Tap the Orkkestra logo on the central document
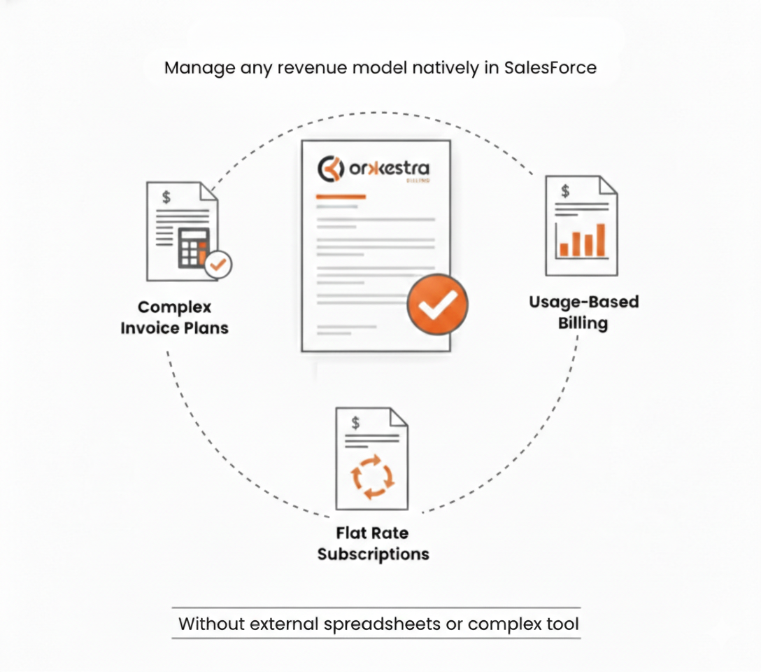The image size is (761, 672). (374, 169)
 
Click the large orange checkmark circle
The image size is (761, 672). (438, 304)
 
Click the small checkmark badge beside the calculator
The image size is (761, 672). (219, 265)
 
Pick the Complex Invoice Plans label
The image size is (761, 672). (174, 317)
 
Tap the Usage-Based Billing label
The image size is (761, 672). (583, 312)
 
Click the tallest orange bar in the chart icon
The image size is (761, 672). (600, 239)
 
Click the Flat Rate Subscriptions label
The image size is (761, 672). (373, 543)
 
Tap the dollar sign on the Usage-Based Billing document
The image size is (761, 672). (565, 191)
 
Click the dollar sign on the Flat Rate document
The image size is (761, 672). (356, 422)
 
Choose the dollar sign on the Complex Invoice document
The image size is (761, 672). (166, 197)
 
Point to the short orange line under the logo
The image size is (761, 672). (341, 197)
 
